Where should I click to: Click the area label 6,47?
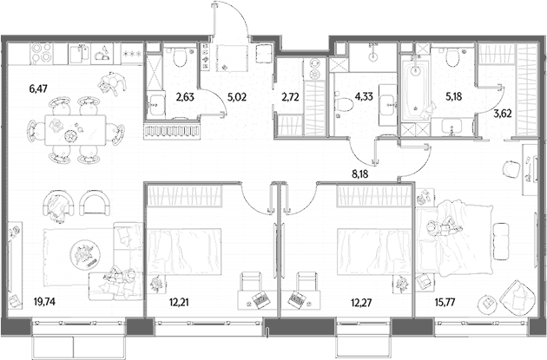(x=38, y=88)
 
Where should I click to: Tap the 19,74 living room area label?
(x=44, y=302)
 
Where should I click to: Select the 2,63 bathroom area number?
(x=185, y=97)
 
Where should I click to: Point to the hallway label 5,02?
(x=237, y=97)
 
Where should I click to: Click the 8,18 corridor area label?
(x=359, y=173)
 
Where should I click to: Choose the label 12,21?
(x=179, y=302)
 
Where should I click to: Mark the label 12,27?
(x=361, y=302)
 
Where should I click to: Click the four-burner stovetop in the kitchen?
(x=42, y=54)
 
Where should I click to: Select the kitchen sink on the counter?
(x=80, y=54)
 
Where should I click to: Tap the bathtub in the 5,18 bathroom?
(x=415, y=90)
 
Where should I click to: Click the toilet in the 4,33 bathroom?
(x=345, y=104)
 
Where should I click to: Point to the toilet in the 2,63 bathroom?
(x=180, y=56)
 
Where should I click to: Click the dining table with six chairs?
(x=76, y=131)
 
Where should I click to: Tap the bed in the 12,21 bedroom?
(x=184, y=252)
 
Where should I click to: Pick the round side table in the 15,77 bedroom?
(x=487, y=303)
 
